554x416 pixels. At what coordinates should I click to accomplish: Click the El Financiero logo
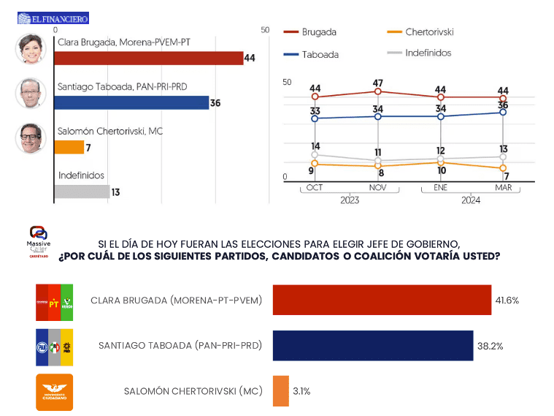coord(53,18)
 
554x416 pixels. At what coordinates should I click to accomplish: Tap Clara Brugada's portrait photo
coord(31,49)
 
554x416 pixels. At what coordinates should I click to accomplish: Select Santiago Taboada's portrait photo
coord(31,93)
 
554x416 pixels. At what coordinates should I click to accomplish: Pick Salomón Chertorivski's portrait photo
coord(31,137)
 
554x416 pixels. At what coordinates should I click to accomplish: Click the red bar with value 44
coord(149,58)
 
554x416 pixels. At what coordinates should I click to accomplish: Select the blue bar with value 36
coord(131,103)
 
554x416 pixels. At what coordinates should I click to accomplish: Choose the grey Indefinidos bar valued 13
coord(82,192)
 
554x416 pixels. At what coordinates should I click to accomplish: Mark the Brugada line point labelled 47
coord(378,92)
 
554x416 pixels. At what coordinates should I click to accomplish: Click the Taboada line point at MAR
coord(504,112)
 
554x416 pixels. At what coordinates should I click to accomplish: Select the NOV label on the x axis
coord(378,188)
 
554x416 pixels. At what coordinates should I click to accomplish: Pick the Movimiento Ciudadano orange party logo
coord(55,392)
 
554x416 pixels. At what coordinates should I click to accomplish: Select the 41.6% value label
coord(508,300)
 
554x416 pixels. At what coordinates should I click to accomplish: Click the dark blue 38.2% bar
coord(372,346)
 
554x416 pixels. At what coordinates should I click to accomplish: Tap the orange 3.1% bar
coord(280,391)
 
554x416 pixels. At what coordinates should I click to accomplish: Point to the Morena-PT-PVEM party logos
coord(55,300)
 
